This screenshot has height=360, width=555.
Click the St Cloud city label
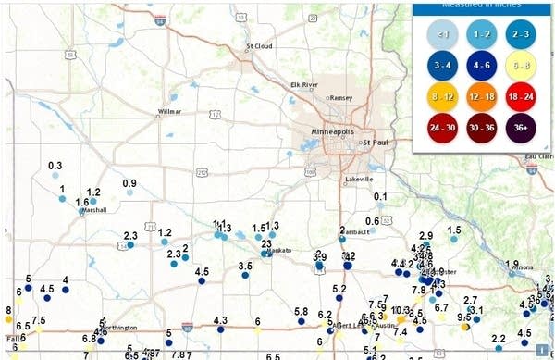point(258,45)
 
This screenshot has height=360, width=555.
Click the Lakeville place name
point(357,179)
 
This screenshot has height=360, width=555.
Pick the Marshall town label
point(94,211)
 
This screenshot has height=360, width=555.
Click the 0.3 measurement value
point(55,165)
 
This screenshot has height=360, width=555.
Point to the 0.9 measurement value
point(129,182)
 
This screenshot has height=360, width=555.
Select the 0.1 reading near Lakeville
point(380,196)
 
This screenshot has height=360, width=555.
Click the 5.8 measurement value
point(301,311)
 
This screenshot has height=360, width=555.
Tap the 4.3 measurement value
point(220,320)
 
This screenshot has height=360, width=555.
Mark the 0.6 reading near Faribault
point(373,220)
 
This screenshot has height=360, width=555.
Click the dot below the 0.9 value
point(130,192)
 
